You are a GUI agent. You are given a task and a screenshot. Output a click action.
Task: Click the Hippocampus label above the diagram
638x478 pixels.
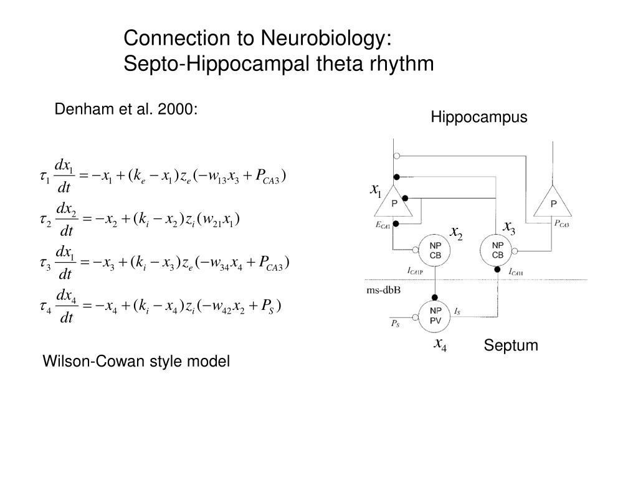(478, 117)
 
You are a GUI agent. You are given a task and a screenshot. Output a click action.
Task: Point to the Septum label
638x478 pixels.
(510, 345)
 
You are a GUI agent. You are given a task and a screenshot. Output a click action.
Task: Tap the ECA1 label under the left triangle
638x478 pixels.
(382, 227)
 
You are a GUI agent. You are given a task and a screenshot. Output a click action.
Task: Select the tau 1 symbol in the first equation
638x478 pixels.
(44, 177)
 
